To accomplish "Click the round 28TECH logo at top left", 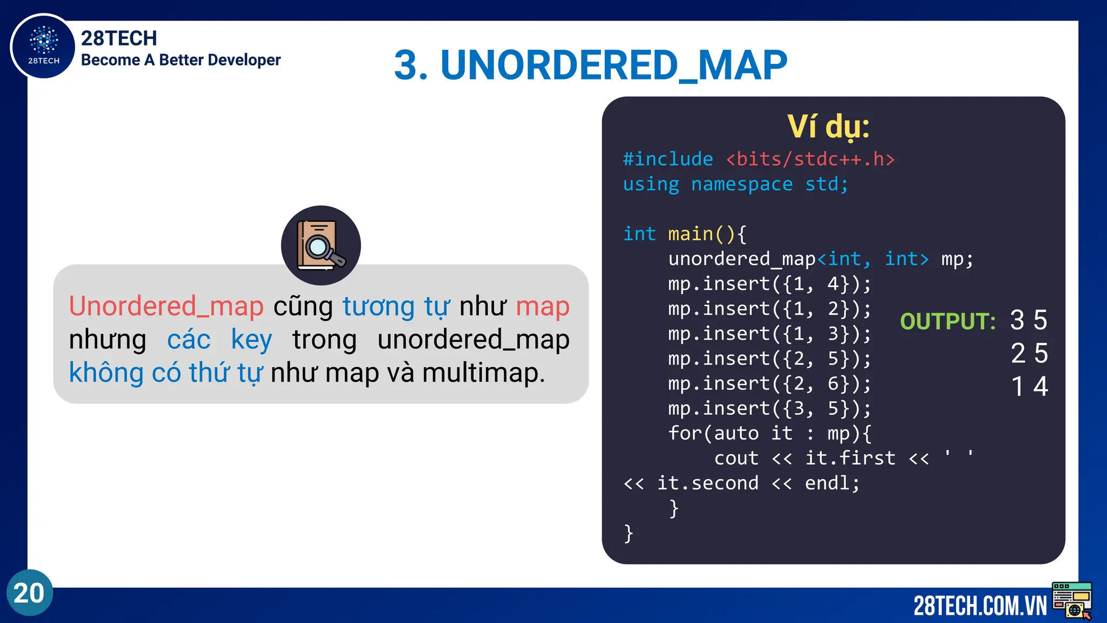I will point(43,47).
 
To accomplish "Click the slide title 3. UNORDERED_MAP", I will point(590,65).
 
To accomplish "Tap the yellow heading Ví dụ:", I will point(828,127).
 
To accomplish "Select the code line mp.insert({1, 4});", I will point(769,284).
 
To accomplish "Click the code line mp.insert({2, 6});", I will point(769,383).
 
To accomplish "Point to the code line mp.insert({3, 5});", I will point(769,408).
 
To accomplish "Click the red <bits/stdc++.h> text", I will point(810,160).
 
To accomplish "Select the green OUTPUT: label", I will point(948,322).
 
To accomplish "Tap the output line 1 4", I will point(1029,387).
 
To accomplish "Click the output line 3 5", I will point(1029,320).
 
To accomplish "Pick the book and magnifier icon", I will point(321,246).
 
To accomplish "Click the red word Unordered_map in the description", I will point(166,307).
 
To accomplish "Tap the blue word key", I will point(251,340).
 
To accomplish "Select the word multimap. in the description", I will point(483,373).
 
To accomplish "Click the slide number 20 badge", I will point(30,593).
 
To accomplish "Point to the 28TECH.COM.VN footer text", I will point(979,606).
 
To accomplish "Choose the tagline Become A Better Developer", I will point(181,60).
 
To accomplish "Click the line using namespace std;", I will point(735,184).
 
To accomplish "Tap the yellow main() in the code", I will point(701,234).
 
